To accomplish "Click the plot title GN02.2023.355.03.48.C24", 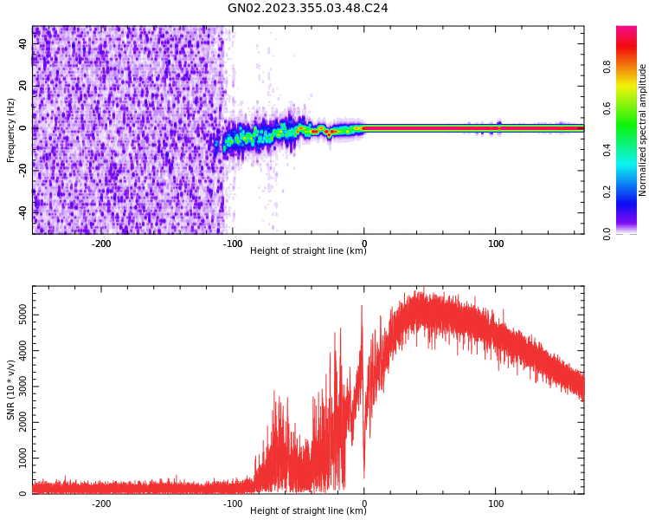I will [x=308, y=9].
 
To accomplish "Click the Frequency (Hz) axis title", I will [x=11, y=130].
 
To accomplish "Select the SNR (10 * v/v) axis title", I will [x=11, y=390].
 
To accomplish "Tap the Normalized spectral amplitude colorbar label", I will [x=643, y=130].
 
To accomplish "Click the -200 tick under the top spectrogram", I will [x=101, y=244].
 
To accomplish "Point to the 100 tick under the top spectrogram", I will [x=496, y=244].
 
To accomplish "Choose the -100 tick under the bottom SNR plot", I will [x=233, y=504].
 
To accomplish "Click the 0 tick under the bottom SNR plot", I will [x=364, y=504].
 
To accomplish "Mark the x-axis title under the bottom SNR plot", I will [x=308, y=511].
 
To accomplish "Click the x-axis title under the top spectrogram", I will [x=308, y=251].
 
